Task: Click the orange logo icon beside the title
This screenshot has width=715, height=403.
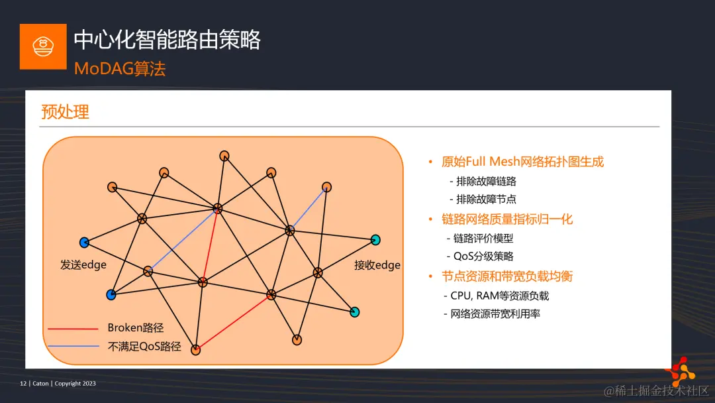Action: click(x=43, y=46)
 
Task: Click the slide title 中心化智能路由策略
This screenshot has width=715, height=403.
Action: click(x=167, y=40)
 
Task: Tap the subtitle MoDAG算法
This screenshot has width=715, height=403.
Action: click(x=119, y=69)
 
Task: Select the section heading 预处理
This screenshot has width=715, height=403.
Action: click(x=65, y=111)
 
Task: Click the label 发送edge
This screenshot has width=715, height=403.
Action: click(x=83, y=265)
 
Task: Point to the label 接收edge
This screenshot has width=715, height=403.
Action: click(x=377, y=265)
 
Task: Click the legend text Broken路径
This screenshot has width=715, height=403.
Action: click(x=135, y=327)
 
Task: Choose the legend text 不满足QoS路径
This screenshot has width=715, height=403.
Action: click(x=144, y=346)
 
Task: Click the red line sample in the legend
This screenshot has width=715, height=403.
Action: click(x=73, y=328)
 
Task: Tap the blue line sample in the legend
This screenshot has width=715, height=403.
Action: click(x=73, y=346)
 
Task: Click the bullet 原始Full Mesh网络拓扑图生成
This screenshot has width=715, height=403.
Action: click(x=522, y=162)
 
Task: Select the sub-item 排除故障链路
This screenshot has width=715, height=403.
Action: click(x=486, y=181)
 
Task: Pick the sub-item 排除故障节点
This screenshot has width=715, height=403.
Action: click(x=486, y=199)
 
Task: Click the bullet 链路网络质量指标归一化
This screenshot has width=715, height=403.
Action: click(x=506, y=219)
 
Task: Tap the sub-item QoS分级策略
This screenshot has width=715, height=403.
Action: click(x=483, y=257)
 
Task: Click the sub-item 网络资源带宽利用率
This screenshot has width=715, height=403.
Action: click(x=495, y=314)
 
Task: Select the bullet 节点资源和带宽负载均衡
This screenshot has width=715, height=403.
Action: click(x=506, y=276)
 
